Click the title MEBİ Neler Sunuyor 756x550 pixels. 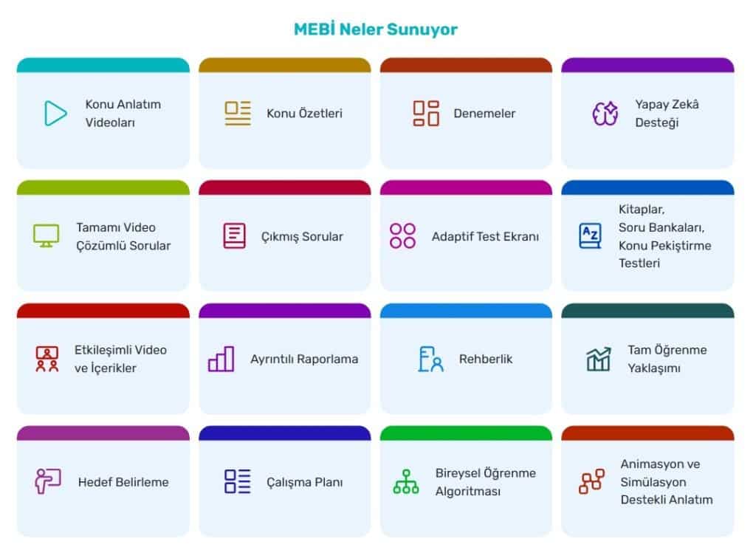click(x=375, y=30)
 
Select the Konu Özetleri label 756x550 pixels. click(x=304, y=114)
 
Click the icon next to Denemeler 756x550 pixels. click(x=426, y=113)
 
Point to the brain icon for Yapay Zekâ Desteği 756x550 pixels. click(x=605, y=113)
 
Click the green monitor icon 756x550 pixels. click(x=46, y=236)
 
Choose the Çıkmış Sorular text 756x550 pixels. click(x=302, y=237)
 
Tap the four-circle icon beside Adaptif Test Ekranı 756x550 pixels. click(x=403, y=236)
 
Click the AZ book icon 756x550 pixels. click(x=590, y=236)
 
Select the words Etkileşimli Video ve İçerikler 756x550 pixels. click(x=120, y=359)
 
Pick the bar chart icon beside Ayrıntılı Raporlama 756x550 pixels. click(x=221, y=359)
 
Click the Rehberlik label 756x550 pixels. click(x=485, y=359)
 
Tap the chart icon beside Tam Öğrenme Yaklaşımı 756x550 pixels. click(x=599, y=359)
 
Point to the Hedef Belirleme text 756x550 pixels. click(x=123, y=482)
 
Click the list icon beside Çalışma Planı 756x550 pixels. click(x=238, y=481)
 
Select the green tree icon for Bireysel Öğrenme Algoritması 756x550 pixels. click(x=406, y=482)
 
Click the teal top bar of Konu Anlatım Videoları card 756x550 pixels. click(x=103, y=65)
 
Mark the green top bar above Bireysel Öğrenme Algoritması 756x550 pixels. click(x=466, y=433)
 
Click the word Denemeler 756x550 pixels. click(x=484, y=114)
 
